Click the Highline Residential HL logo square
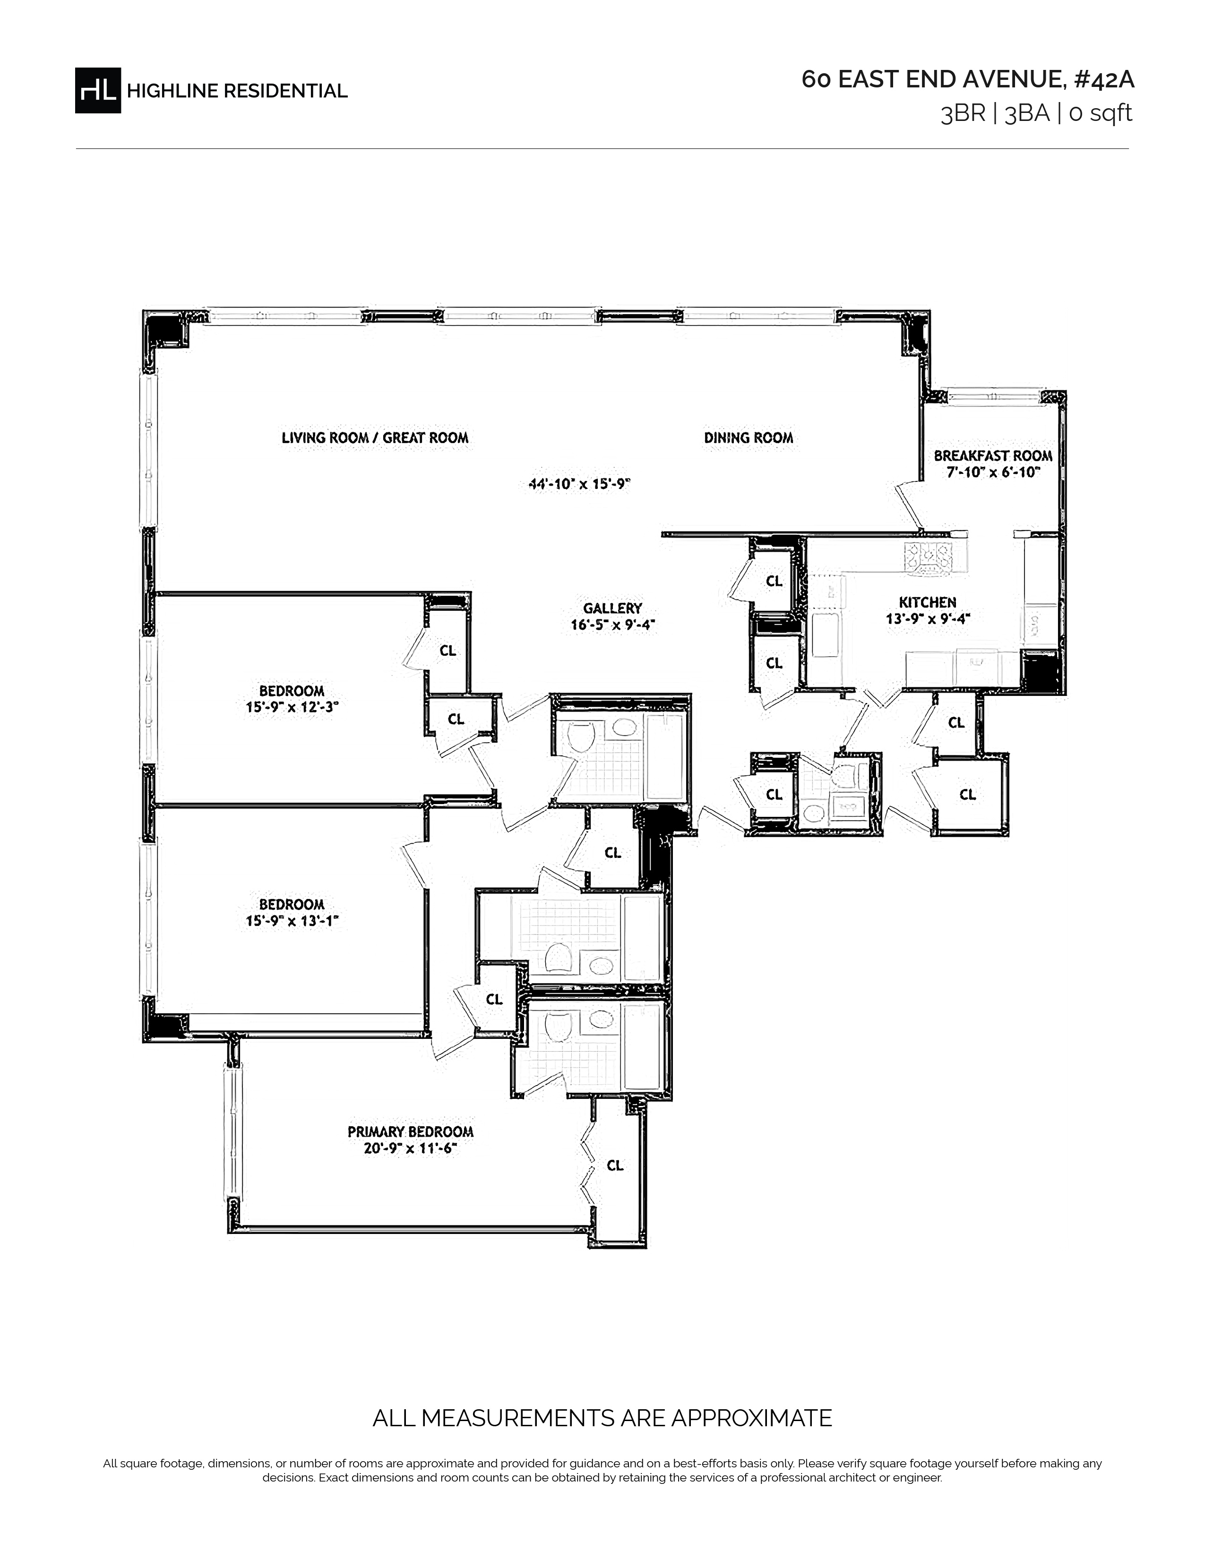98,90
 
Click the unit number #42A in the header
1103,79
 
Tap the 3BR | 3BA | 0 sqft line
1036,113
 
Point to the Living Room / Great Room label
375,437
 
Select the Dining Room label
748,437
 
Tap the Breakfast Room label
993,455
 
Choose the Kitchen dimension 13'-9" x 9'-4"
928,619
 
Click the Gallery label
612,608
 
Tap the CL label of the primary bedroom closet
615,1165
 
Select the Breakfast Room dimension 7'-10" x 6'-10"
993,472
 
